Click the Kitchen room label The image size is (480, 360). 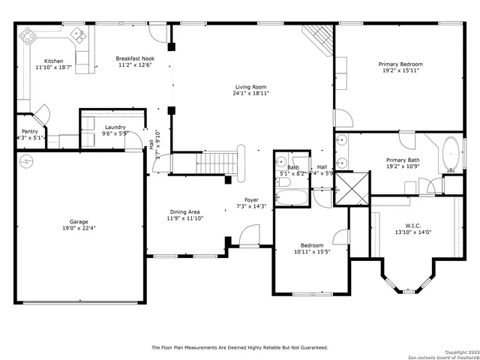coord(54,61)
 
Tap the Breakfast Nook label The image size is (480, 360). coord(135,58)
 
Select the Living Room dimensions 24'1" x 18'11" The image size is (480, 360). coord(250,93)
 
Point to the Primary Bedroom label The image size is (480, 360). coord(400,64)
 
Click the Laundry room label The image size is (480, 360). coord(115,127)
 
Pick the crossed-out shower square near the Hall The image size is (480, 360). coord(352,188)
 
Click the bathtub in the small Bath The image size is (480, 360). coord(291,197)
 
